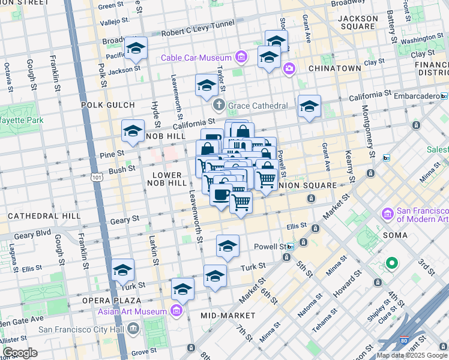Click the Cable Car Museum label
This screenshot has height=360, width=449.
197,58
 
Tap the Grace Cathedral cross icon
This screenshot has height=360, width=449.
218,106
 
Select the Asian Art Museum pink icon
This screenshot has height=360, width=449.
176,311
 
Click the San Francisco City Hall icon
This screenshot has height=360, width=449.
133,328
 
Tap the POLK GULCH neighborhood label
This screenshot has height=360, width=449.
109,104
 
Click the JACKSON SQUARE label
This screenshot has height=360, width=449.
358,23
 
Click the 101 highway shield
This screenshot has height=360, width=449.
97,178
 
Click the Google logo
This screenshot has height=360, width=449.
20,353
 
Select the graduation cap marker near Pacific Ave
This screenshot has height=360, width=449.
136,50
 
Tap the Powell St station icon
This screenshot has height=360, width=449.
291,247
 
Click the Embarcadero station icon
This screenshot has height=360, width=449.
444,95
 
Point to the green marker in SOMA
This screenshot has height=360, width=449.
392,263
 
